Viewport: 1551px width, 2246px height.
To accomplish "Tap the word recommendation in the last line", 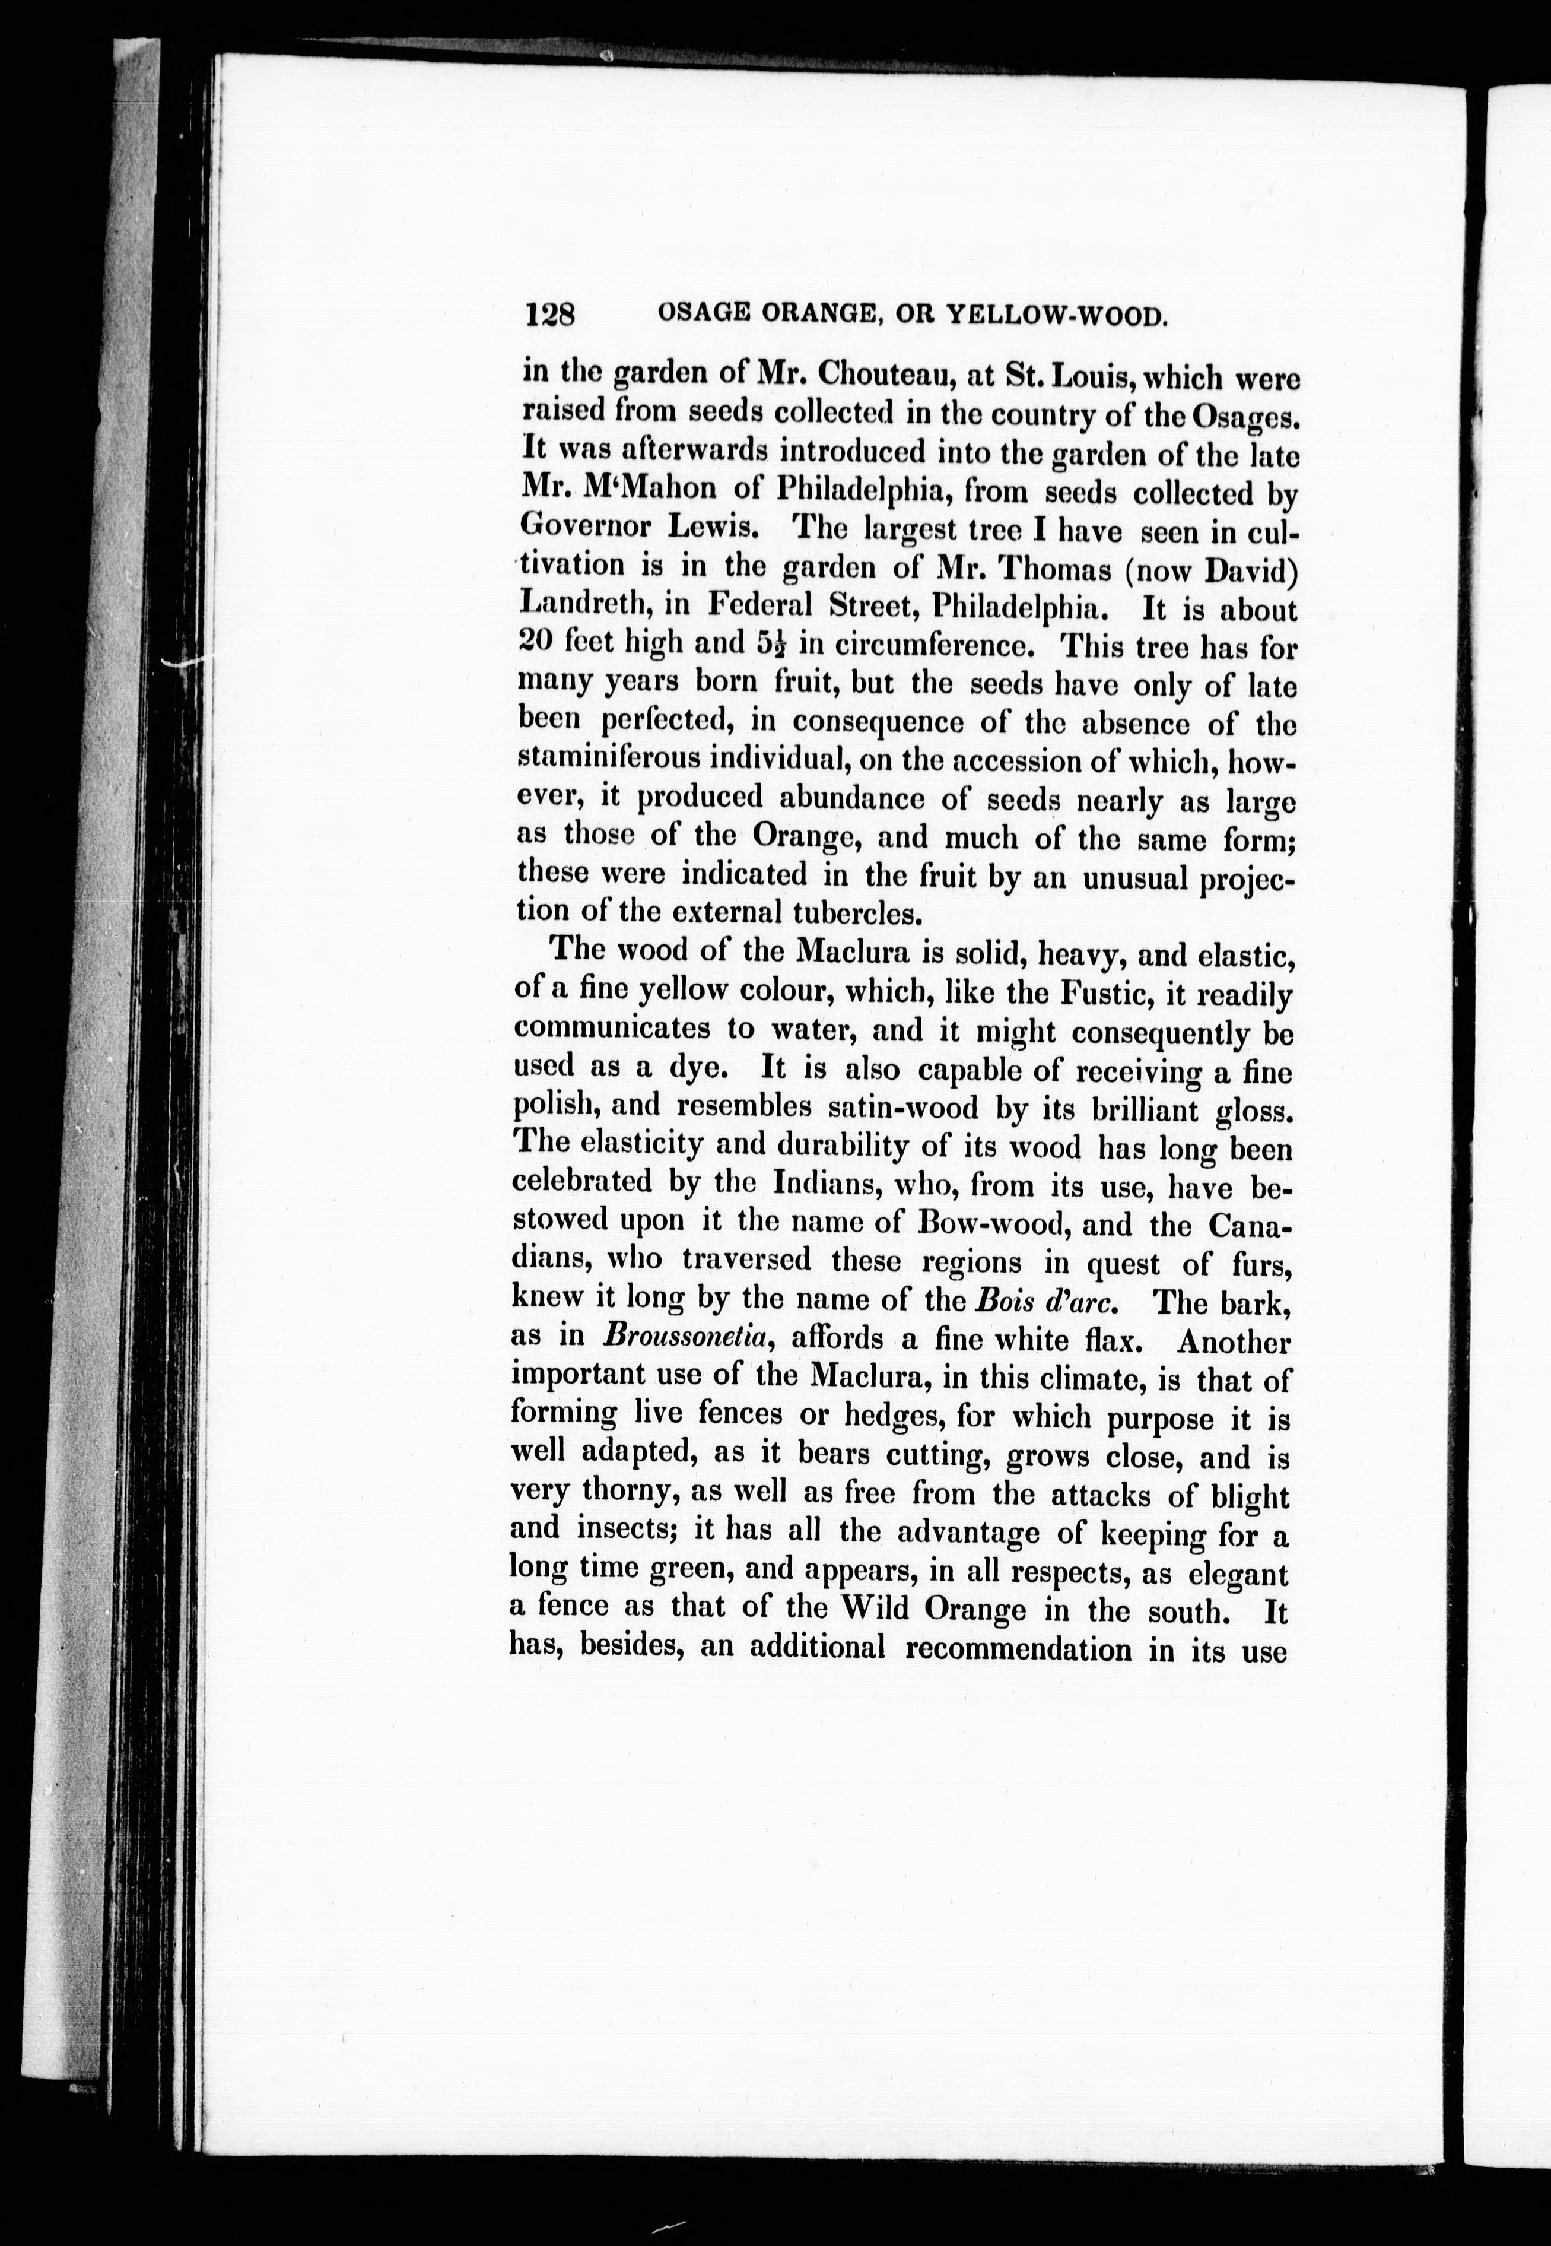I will (x=1018, y=1647).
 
